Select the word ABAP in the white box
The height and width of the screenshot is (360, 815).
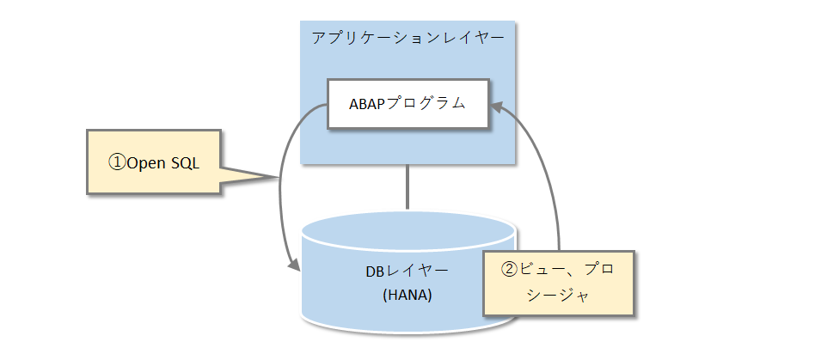[x=367, y=104]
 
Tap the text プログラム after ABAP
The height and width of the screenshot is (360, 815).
[x=426, y=104]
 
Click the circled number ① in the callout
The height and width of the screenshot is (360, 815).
[x=116, y=162]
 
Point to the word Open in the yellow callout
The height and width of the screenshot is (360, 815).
[x=145, y=162]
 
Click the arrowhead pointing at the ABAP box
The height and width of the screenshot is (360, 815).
[x=499, y=106]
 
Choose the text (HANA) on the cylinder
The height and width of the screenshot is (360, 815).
[x=407, y=295]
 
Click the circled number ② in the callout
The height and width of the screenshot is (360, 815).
[x=509, y=269]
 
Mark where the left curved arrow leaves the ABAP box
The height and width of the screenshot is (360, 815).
[x=325, y=107]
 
